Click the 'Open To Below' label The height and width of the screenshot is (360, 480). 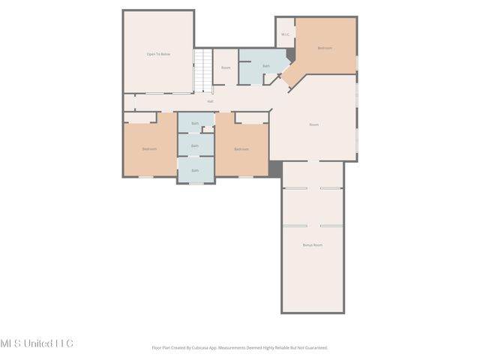pyautogui.click(x=157, y=54)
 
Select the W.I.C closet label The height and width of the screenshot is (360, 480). pyautogui.click(x=285, y=34)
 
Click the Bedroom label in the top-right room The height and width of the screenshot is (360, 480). pyautogui.click(x=325, y=48)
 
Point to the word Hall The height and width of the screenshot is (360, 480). pyautogui.click(x=210, y=101)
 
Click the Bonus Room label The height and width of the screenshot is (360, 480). pyautogui.click(x=312, y=245)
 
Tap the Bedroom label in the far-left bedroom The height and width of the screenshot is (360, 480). pyautogui.click(x=150, y=148)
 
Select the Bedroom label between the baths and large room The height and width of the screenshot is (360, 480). pyautogui.click(x=241, y=148)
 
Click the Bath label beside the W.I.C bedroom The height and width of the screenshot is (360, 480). pyautogui.click(x=265, y=66)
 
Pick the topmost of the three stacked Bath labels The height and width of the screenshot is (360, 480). pyautogui.click(x=195, y=123)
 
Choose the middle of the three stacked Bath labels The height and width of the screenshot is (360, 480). pyautogui.click(x=195, y=145)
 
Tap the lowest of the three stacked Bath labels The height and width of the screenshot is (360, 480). pyautogui.click(x=195, y=170)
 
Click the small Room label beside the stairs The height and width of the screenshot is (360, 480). pyautogui.click(x=226, y=68)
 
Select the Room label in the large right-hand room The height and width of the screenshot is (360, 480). pyautogui.click(x=313, y=124)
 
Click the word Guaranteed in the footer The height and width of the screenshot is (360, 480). pyautogui.click(x=314, y=347)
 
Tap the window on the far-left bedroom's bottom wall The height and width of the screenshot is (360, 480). pyautogui.click(x=147, y=177)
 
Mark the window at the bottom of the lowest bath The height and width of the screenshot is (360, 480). pyautogui.click(x=195, y=183)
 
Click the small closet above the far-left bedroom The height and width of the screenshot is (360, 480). pyautogui.click(x=139, y=117)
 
